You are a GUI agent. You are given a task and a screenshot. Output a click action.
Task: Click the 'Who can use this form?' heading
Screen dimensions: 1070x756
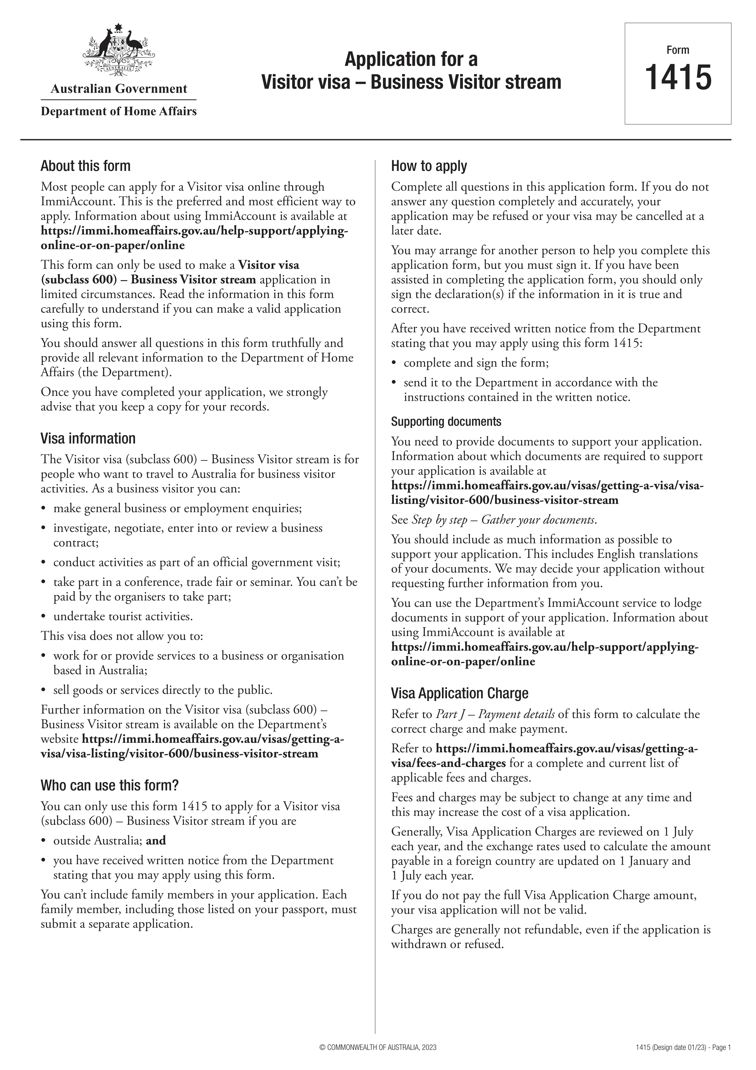click(109, 785)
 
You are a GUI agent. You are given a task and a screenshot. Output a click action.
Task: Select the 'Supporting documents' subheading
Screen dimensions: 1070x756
click(446, 422)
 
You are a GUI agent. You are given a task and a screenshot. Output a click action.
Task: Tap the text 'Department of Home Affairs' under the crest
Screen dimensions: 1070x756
click(119, 111)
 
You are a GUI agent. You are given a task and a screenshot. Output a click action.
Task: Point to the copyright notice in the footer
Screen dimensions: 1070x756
click(378, 1058)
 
